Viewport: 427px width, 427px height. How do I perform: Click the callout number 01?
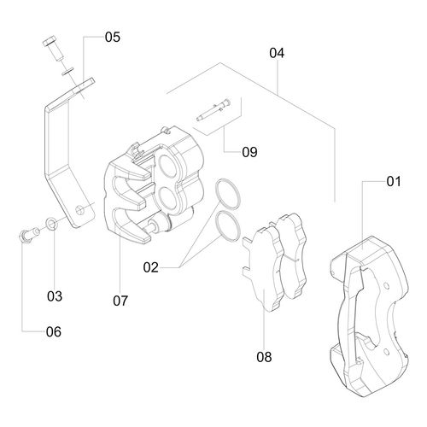[394, 181]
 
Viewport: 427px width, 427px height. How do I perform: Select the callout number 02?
[150, 267]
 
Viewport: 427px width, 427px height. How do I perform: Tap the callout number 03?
[55, 296]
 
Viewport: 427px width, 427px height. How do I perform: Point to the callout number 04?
[277, 53]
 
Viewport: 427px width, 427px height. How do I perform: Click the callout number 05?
[113, 38]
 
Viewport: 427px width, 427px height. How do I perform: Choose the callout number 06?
[54, 332]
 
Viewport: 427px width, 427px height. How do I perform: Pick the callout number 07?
[120, 301]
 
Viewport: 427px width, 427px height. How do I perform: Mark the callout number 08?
[264, 357]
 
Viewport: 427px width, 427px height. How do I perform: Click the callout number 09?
[249, 152]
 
